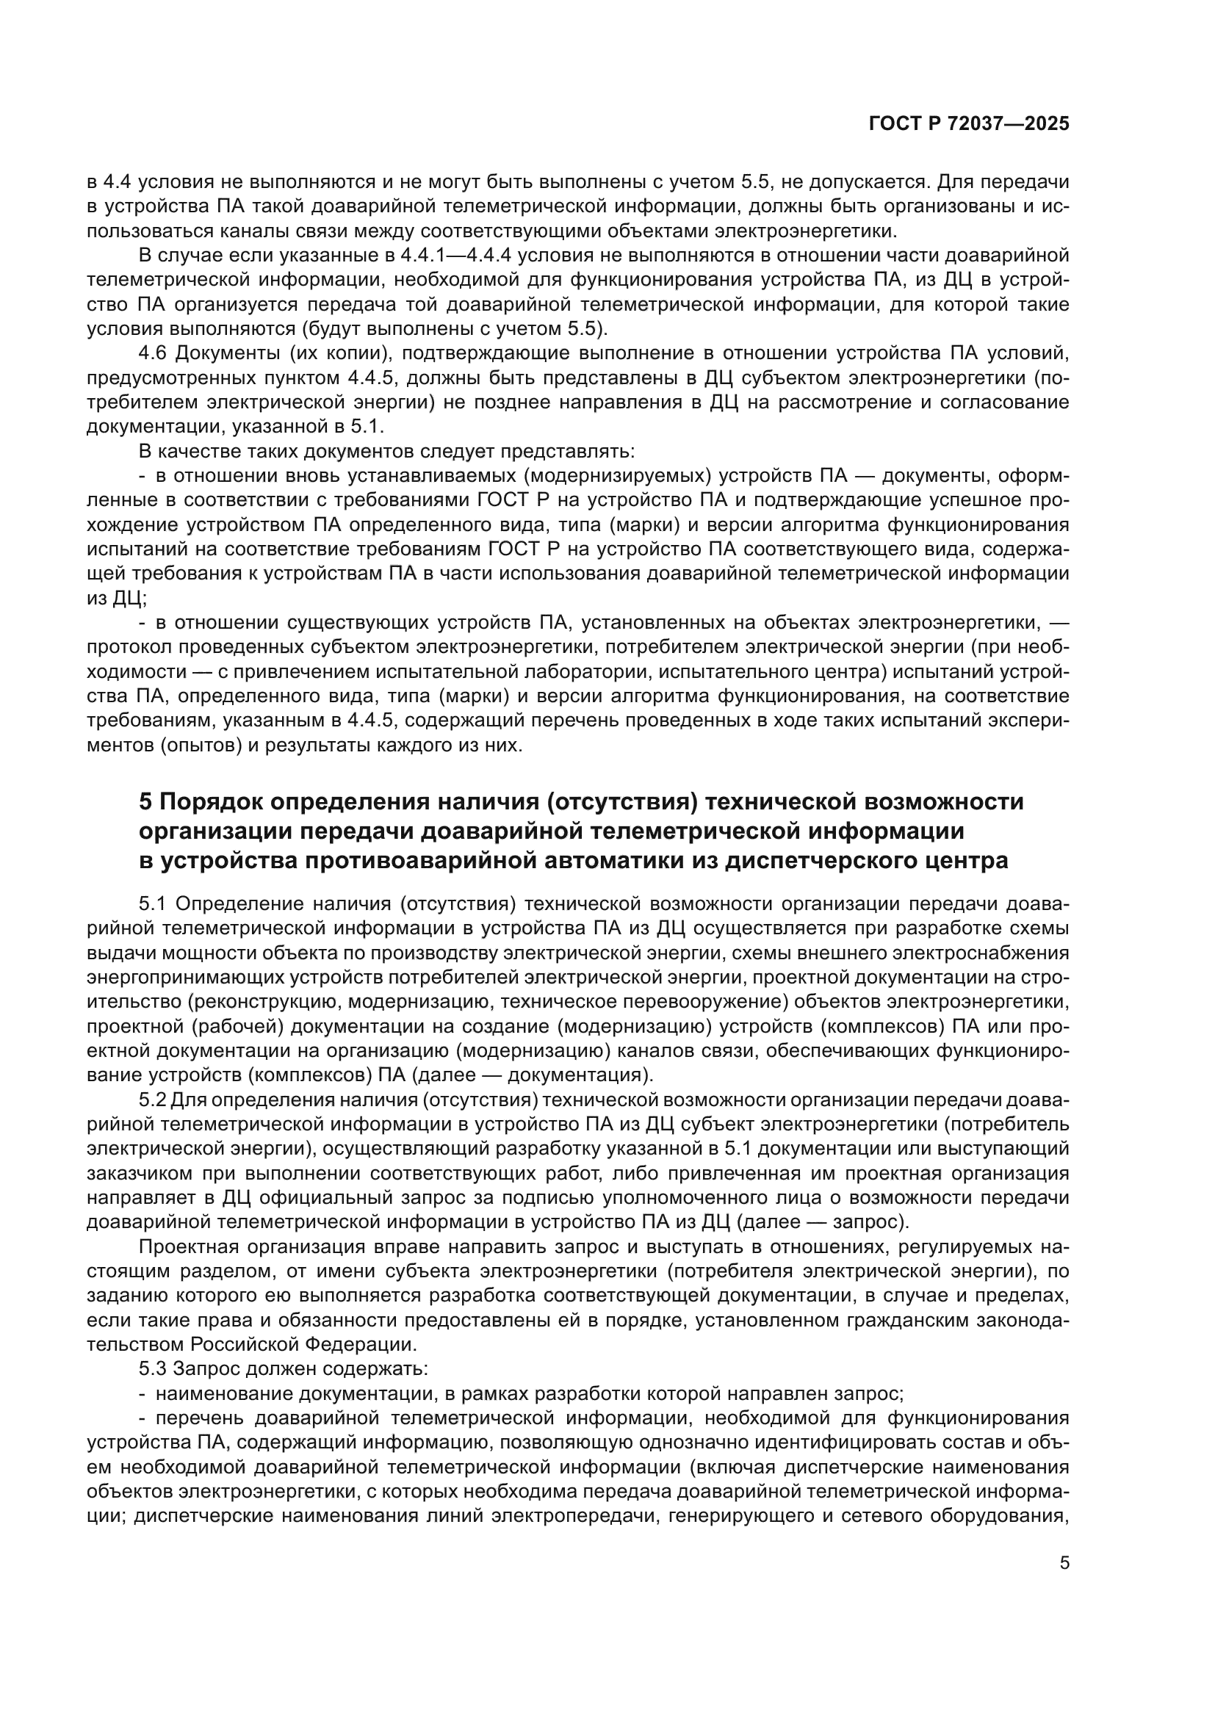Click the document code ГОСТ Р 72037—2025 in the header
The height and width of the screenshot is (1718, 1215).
pyautogui.click(x=969, y=124)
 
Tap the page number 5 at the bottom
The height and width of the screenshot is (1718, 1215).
pyautogui.click(x=1064, y=1563)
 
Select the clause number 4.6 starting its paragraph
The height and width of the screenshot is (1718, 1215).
pyautogui.click(x=154, y=353)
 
